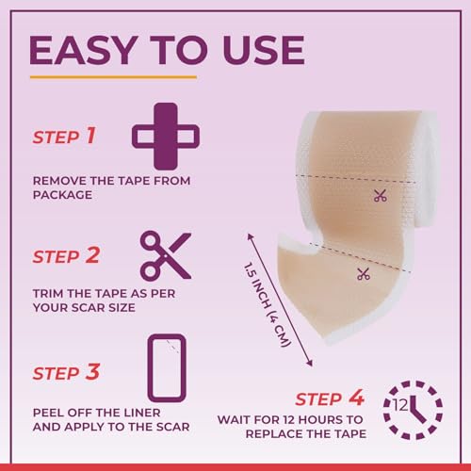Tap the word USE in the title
(x=264, y=50)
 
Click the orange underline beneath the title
(x=113, y=77)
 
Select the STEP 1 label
(x=64, y=137)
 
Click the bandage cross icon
(x=166, y=137)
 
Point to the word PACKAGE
(x=62, y=195)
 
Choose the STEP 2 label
(x=66, y=255)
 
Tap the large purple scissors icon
(x=166, y=256)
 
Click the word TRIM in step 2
(x=48, y=294)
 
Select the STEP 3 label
(x=66, y=372)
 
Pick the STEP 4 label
(x=330, y=398)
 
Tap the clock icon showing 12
(x=413, y=410)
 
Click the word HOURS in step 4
(x=320, y=419)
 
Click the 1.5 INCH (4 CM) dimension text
(x=267, y=304)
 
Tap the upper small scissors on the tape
(x=381, y=196)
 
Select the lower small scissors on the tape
(x=364, y=274)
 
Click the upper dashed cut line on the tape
(x=356, y=179)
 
